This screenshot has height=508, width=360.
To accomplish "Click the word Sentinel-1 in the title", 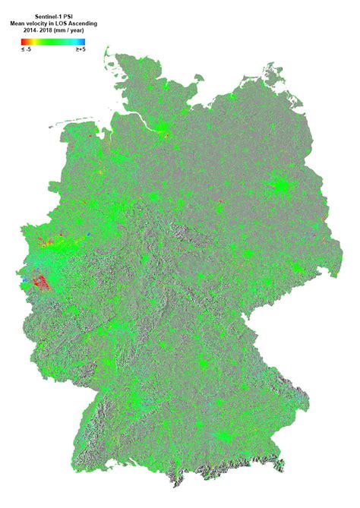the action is (49, 14).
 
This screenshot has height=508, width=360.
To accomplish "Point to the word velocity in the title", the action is (39, 24).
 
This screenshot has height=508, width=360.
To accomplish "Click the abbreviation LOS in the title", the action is (62, 24).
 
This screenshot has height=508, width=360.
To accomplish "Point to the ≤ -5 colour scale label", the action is (27, 49).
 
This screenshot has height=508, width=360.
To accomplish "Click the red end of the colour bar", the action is (25, 42).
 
